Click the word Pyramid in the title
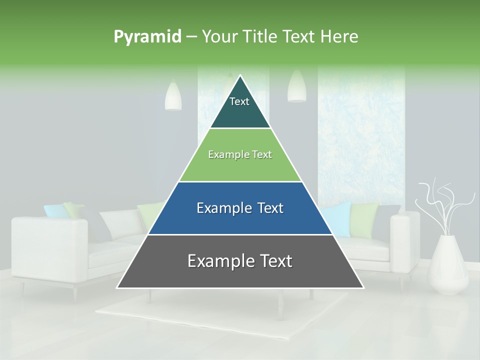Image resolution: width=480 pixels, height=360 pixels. pos(147,37)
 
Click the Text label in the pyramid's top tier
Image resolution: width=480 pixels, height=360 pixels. pos(239,101)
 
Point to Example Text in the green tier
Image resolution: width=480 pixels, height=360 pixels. pos(239,154)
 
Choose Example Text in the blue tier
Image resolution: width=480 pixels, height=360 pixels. pos(239,208)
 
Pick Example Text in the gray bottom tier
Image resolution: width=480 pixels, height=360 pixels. pos(239,261)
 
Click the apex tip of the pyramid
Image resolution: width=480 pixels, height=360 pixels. pos(240,76)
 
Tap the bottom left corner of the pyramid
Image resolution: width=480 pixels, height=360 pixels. pos(118,287)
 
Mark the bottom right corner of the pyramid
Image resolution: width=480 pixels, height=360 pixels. pos(363,287)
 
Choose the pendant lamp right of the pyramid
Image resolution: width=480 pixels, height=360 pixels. pos(296,86)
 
